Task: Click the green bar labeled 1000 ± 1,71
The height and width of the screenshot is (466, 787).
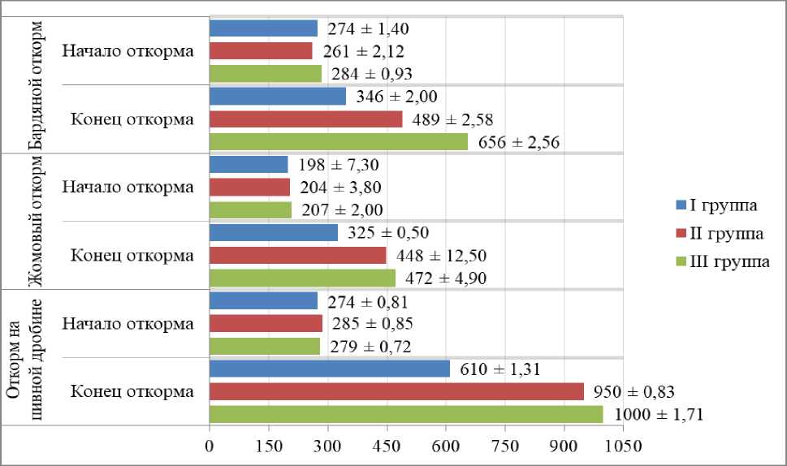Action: point(406,414)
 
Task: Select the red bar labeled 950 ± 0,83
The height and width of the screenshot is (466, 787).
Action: point(396,391)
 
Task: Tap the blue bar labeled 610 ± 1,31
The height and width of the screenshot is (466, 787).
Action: point(329,369)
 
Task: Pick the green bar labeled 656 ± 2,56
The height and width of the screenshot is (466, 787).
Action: point(339,141)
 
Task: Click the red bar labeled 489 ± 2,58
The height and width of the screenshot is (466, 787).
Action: point(305,119)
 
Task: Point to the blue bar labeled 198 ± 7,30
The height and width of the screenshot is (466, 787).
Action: point(249,164)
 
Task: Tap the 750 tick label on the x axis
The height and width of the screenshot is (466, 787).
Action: point(505,446)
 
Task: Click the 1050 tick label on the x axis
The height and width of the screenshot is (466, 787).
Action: point(624,446)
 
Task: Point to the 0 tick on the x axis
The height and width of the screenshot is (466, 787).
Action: point(210,446)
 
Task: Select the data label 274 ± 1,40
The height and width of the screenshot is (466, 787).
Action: point(368,28)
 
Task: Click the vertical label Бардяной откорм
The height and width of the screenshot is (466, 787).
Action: point(35,85)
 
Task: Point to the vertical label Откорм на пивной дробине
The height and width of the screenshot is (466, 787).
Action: point(24,358)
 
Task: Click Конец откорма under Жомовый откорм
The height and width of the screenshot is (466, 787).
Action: point(132,256)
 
